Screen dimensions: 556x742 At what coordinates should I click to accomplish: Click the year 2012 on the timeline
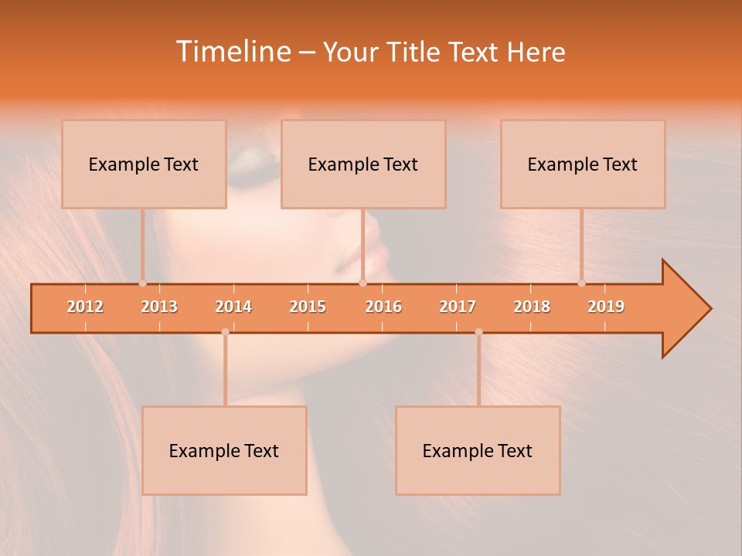click(x=85, y=307)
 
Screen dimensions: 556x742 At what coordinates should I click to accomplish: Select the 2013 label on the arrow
click(x=159, y=307)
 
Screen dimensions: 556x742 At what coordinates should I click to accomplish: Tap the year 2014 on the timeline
click(x=233, y=307)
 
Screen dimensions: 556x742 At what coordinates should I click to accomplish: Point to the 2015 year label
click(x=308, y=307)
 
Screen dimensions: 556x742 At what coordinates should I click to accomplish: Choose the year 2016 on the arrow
click(x=383, y=307)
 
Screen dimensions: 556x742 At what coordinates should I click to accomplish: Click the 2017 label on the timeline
click(x=458, y=307)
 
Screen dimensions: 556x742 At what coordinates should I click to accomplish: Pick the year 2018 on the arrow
click(x=532, y=307)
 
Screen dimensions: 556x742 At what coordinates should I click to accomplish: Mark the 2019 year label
click(x=606, y=307)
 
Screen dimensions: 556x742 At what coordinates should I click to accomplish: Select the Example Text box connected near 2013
click(x=144, y=164)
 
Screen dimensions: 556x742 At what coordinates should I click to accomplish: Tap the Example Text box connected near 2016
click(x=363, y=164)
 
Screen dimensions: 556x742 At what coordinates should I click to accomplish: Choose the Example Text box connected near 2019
click(x=583, y=164)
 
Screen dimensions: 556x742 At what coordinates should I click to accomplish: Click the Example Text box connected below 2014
click(x=224, y=450)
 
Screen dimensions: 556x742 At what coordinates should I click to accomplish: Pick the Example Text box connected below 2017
click(x=478, y=450)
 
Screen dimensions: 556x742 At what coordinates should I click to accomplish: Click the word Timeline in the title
click(x=233, y=52)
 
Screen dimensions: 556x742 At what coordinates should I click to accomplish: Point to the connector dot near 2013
click(x=142, y=283)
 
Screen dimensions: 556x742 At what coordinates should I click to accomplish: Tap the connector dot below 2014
click(x=225, y=332)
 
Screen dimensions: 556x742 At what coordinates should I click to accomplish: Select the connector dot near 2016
click(x=362, y=283)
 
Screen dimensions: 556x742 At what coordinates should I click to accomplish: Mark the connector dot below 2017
click(x=478, y=332)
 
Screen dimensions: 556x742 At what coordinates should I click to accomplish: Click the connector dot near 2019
click(x=581, y=283)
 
